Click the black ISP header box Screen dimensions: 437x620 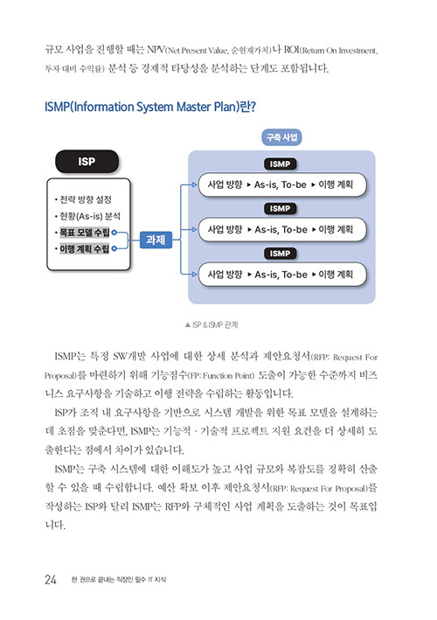pyautogui.click(x=87, y=161)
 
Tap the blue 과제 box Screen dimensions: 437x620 pyautogui.click(x=156, y=240)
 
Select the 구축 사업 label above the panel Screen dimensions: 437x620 pyautogui.click(x=281, y=137)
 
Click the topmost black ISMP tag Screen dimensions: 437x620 pyautogui.click(x=281, y=164)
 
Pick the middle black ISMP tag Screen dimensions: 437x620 pyautogui.click(x=281, y=208)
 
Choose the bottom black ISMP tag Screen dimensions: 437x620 pyautogui.click(x=281, y=254)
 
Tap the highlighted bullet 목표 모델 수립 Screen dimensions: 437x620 pyautogui.click(x=84, y=233)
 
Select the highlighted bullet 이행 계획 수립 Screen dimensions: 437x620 pyautogui.click(x=84, y=248)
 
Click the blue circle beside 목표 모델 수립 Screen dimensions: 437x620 pyautogui.click(x=114, y=233)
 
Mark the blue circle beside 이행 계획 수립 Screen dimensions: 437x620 pyautogui.click(x=114, y=248)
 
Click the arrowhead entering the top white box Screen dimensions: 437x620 pyautogui.click(x=194, y=185)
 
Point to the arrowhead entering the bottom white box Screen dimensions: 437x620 pyautogui.click(x=194, y=274)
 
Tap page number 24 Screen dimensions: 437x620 pyautogui.click(x=51, y=580)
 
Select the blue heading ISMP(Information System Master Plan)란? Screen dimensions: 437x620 pyautogui.click(x=150, y=107)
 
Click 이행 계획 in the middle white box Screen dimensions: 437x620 pyautogui.click(x=336, y=229)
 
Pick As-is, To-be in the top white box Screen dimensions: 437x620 pyautogui.click(x=281, y=185)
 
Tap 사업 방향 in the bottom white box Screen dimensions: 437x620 pyautogui.click(x=225, y=275)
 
